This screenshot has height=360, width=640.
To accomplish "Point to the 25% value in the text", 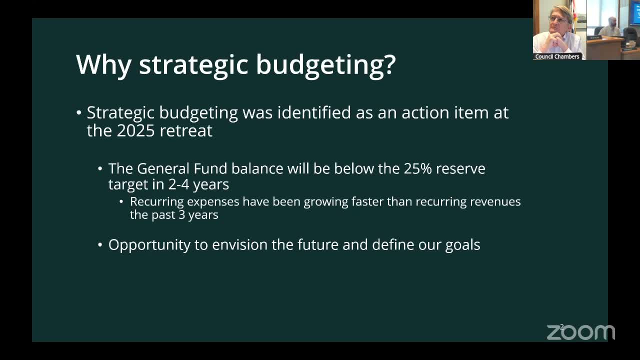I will pos(417,168).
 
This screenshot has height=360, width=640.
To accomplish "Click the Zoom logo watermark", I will pos(580,332).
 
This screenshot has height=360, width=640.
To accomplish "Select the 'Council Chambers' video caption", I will pos(557,56).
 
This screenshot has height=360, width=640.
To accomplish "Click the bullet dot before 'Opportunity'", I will pos(100,245).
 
